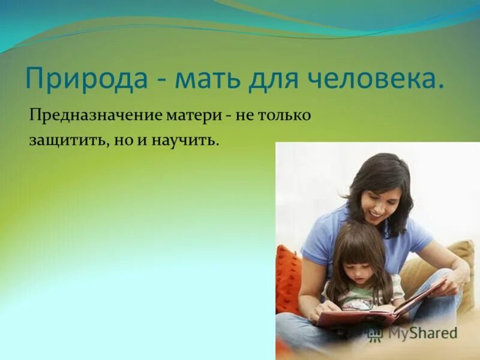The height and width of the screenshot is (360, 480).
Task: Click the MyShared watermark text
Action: [x=423, y=334]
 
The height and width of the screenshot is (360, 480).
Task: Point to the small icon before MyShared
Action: [x=376, y=334]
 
